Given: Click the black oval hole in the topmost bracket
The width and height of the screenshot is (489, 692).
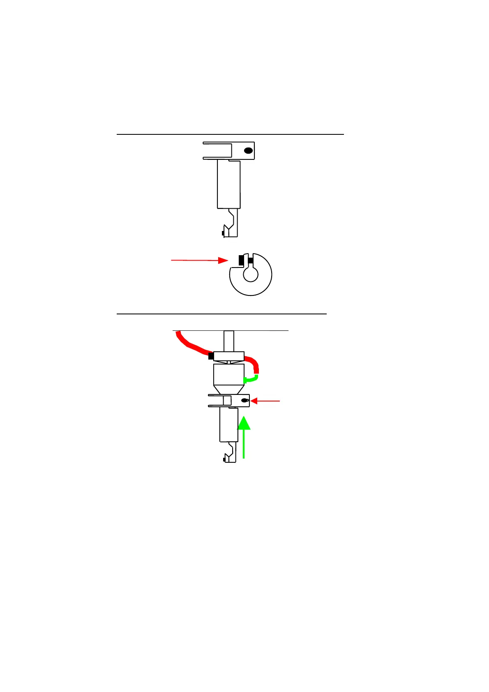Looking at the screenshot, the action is [x=248, y=151].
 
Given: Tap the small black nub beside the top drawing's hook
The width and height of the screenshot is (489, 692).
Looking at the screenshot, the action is [x=222, y=233].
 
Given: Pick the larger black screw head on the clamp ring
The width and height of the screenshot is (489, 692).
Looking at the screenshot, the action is [x=241, y=260].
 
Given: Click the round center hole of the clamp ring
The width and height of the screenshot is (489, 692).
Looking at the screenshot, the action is [x=250, y=274].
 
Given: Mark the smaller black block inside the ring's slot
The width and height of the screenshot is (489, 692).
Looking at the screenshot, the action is [x=251, y=260].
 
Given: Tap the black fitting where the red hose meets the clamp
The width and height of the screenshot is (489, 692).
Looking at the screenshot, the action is [x=211, y=356].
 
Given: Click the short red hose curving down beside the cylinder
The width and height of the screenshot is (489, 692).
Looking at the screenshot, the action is [x=253, y=365].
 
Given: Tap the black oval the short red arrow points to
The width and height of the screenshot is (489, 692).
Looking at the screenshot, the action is [x=244, y=401].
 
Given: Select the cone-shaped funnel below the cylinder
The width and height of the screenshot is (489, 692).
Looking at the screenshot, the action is [x=228, y=390].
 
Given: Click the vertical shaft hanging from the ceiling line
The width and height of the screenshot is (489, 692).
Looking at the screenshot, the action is [x=229, y=341].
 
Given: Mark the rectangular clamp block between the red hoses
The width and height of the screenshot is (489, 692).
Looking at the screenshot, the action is [x=229, y=356].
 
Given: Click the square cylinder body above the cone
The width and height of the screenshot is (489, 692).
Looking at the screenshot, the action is [x=228, y=374].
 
